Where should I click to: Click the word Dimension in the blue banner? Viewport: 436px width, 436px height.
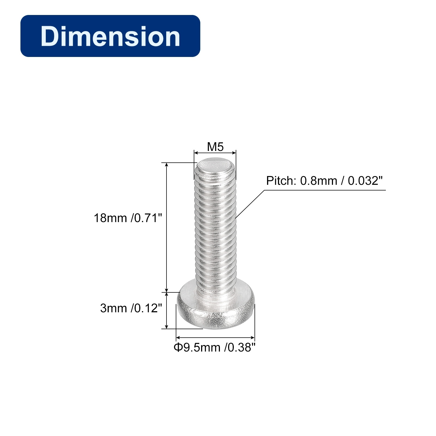(110, 36)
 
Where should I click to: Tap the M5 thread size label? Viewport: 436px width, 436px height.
(215, 147)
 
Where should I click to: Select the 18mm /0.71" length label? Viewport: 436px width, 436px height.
(128, 218)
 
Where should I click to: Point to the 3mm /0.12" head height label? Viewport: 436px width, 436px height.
(131, 308)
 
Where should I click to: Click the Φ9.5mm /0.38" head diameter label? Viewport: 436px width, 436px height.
(215, 347)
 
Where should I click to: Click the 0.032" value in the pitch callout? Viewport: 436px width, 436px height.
(365, 181)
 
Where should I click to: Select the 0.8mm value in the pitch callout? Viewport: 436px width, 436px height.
(319, 181)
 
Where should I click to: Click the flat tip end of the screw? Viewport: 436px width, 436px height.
(215, 166)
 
